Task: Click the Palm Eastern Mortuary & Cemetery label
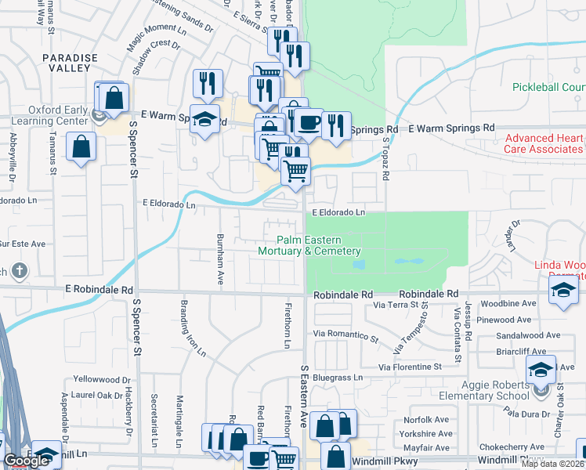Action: (x=309, y=245)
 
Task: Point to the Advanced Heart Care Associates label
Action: (x=545, y=144)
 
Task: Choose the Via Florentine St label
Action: (x=411, y=367)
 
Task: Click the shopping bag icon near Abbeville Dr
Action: (x=81, y=146)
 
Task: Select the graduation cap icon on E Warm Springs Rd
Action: (x=206, y=120)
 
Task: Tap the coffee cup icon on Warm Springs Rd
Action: (x=309, y=121)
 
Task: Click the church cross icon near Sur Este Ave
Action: (x=20, y=272)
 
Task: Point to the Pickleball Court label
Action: (x=549, y=87)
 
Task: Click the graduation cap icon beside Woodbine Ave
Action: (x=562, y=291)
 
